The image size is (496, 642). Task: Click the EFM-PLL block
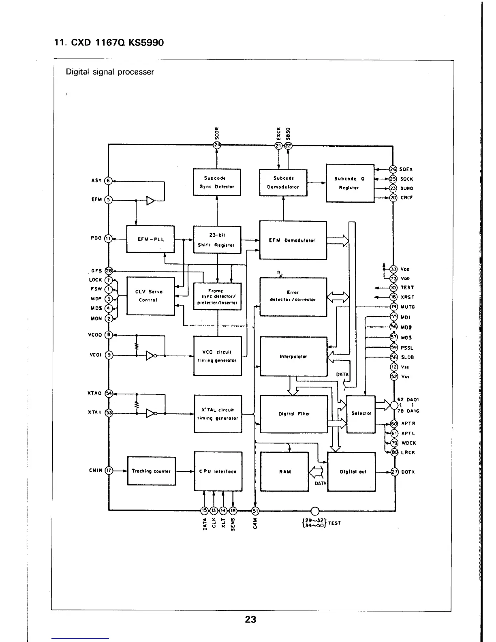point(151,239)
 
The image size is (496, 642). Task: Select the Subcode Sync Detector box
point(217,182)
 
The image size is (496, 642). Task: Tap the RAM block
point(284,471)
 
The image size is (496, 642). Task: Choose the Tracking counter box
point(152,471)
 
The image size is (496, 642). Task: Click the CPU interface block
point(218,471)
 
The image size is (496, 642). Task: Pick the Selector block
point(361,413)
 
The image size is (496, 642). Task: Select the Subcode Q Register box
point(350,183)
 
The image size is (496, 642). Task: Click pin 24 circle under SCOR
point(217,145)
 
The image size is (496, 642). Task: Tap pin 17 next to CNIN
point(109,471)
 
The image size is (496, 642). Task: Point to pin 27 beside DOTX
point(393,472)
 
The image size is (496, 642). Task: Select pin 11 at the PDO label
point(108,239)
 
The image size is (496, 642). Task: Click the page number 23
point(250,619)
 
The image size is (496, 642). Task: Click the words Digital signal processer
point(110,72)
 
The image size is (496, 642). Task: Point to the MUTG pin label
point(407,307)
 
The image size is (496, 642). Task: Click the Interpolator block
point(293,356)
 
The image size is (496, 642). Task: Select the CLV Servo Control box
point(151,296)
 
